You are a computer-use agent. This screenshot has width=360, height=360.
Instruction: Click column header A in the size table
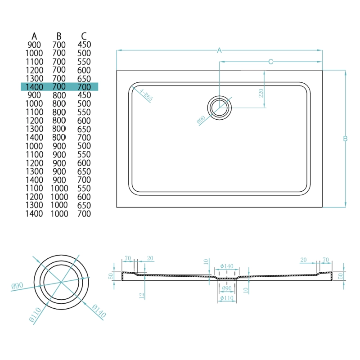click(34, 36)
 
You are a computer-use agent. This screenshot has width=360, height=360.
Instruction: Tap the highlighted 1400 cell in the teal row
click(34, 86)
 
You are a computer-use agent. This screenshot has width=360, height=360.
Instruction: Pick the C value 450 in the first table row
click(84, 45)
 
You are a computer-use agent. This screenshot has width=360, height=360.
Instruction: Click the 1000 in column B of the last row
click(59, 214)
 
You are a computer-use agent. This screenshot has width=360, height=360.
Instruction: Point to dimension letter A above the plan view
click(220, 50)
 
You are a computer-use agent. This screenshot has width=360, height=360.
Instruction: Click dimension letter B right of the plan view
click(345, 139)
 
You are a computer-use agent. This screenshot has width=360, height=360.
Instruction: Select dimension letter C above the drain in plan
click(271, 62)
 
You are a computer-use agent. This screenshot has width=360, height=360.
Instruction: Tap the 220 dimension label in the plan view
click(261, 94)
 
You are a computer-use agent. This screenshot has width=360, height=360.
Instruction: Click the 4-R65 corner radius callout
click(146, 96)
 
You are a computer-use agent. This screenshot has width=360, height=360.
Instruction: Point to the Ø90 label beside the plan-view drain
click(201, 120)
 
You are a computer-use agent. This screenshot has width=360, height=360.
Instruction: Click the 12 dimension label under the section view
click(141, 295)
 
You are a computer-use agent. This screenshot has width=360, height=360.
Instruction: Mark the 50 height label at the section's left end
click(110, 276)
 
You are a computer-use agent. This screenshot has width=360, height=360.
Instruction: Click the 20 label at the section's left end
click(150, 258)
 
